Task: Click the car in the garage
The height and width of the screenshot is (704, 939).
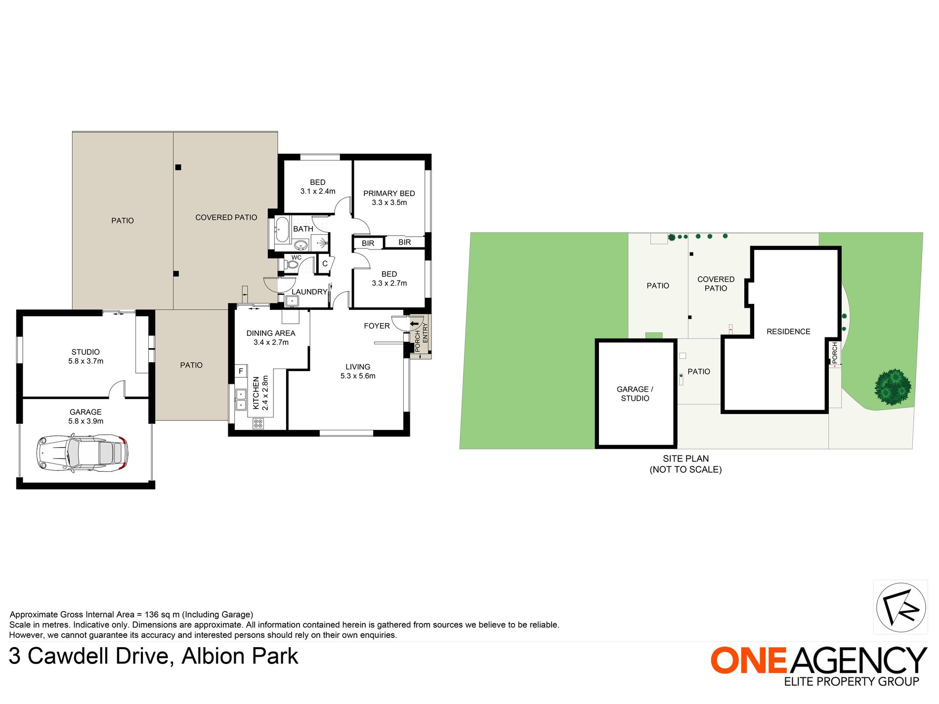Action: pos(83,452)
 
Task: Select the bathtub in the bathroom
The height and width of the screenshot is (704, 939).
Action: pos(282,230)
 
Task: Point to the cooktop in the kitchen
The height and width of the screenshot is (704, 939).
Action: pos(258,423)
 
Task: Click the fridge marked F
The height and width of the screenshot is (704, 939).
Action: pos(241,371)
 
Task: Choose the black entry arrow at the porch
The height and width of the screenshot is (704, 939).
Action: pos(414,324)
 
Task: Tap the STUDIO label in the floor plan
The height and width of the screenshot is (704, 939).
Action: pos(85,352)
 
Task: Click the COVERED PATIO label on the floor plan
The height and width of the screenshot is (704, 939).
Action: pos(226,217)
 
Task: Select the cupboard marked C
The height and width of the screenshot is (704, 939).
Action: pos(325,264)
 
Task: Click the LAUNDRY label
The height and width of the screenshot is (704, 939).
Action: pos(309,291)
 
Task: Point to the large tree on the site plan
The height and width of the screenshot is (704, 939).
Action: pos(893,387)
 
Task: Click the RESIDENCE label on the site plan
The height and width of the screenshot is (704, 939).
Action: pos(788,331)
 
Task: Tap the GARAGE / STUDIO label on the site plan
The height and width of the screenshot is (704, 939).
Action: pos(635,394)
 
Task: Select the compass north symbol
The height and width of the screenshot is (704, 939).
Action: pos(900,607)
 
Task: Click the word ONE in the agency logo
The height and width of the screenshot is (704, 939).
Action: pos(748,661)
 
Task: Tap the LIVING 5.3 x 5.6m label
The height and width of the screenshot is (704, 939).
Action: pos(358,371)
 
